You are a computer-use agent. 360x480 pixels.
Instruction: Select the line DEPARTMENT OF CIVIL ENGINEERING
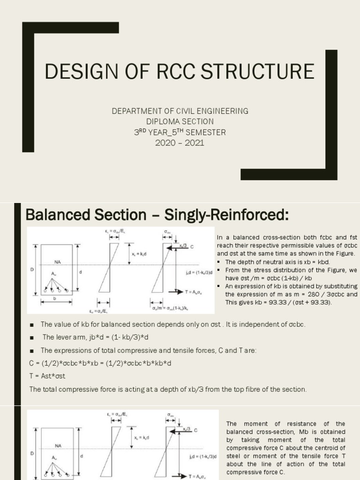[x=180, y=111]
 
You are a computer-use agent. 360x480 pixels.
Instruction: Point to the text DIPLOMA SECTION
[x=180, y=121]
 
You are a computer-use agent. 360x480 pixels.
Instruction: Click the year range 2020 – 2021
[x=180, y=142]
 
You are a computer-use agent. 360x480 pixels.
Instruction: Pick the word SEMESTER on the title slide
[x=206, y=132]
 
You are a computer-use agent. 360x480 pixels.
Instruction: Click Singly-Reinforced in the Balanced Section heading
[x=220, y=215]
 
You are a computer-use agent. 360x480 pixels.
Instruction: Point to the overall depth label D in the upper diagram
[x=32, y=270]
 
